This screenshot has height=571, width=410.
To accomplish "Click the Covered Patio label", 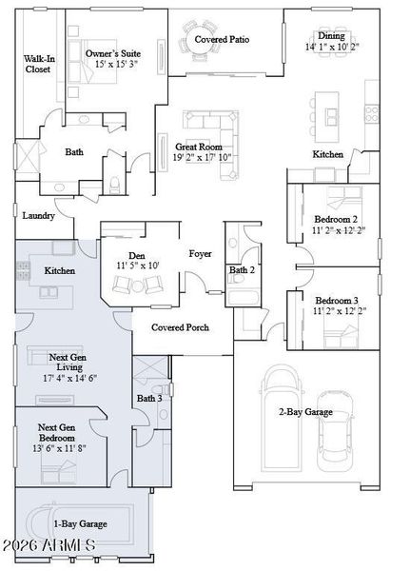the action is [222, 39].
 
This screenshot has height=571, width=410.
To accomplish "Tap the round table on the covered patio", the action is [200, 39].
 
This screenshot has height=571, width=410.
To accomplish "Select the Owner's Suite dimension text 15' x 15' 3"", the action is [116, 65].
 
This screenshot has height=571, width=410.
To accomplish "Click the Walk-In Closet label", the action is [39, 64].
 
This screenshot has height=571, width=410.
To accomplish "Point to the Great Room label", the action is [199, 147].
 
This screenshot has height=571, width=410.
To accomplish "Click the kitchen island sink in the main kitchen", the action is [331, 117].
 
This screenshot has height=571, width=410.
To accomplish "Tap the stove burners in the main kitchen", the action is [372, 113].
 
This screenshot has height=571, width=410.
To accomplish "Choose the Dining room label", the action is [331, 36].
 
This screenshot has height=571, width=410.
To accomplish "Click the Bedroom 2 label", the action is [336, 219].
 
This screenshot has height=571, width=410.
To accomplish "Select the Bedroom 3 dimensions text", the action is [340, 311].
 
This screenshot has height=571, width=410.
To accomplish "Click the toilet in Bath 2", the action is [237, 279].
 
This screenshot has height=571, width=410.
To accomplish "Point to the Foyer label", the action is [200, 253].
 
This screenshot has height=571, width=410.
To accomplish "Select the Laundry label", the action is [39, 216].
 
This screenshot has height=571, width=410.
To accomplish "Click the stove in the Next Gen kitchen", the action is [23, 270].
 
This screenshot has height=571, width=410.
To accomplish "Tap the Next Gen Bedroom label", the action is [57, 432].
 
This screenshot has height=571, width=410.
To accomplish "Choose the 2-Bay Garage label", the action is [306, 412].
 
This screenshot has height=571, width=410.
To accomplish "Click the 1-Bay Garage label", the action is [81, 523].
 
